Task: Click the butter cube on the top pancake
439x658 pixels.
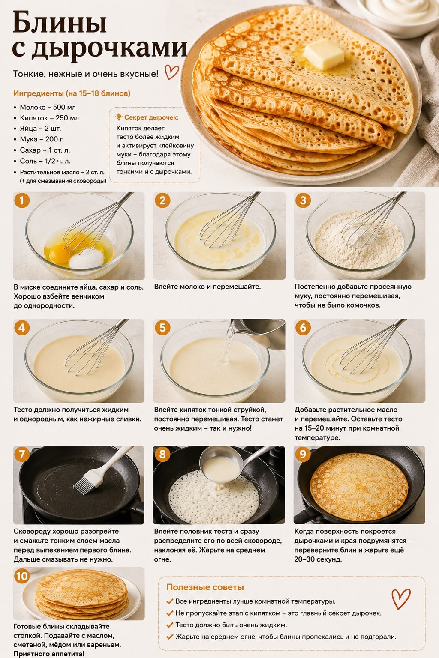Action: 324,54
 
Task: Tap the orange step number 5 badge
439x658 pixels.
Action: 162,328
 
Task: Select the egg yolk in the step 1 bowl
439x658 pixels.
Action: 59,253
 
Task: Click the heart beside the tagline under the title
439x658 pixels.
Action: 171,72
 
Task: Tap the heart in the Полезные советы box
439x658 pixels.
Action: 401,599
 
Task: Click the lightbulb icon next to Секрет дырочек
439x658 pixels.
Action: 119,117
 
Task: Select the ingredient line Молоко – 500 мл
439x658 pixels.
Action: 48,107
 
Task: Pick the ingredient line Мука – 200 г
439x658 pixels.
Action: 42,139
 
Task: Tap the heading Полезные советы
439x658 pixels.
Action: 205,587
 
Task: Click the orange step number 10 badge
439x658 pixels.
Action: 22,576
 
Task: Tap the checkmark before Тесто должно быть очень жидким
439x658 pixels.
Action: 170,625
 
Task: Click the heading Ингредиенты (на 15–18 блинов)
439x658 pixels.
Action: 72,93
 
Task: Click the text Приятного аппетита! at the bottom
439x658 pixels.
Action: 49,654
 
